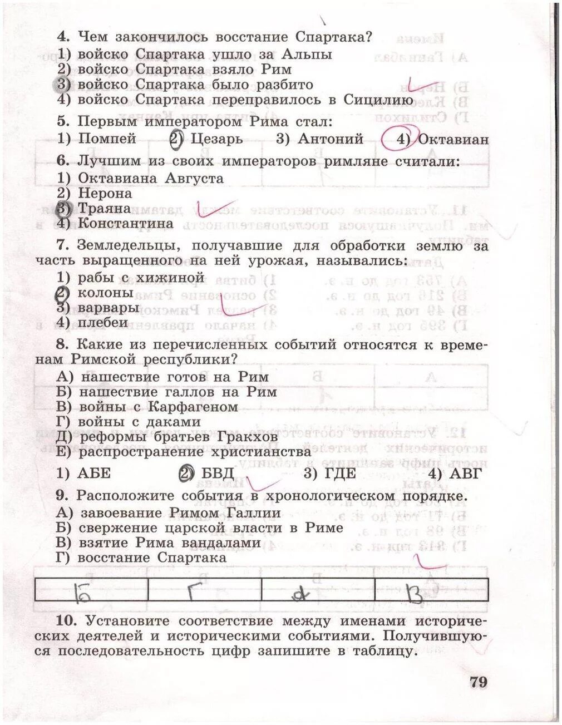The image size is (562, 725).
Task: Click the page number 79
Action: [x=478, y=682]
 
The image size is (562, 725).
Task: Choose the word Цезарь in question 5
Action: [x=216, y=139]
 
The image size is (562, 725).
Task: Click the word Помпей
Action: [x=107, y=139]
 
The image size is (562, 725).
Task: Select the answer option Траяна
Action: [x=105, y=209]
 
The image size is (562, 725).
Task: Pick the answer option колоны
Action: [x=106, y=292]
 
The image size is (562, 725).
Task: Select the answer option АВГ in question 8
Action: [x=464, y=474]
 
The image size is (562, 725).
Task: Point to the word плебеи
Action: [x=103, y=322]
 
